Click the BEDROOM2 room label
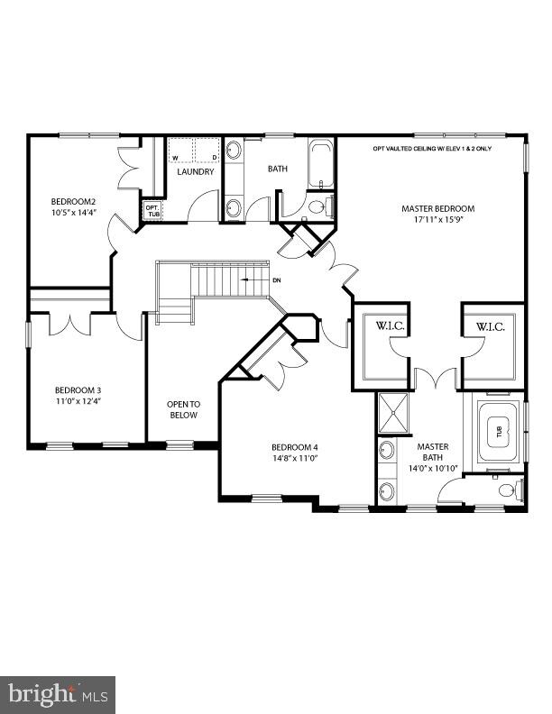[x=73, y=201]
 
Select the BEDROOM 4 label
[x=295, y=447]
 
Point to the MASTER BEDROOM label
[x=437, y=208]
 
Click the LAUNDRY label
[x=195, y=171]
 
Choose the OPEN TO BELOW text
[x=182, y=409]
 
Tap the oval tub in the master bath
[x=494, y=432]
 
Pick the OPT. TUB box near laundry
[x=152, y=210]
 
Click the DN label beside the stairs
[x=277, y=280]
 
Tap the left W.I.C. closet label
[x=378, y=326]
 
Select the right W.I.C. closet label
[x=491, y=326]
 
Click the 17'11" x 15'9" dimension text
[x=437, y=220]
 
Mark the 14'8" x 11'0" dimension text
[x=295, y=459]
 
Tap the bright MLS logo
[x=57, y=694]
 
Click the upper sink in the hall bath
[x=234, y=150]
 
